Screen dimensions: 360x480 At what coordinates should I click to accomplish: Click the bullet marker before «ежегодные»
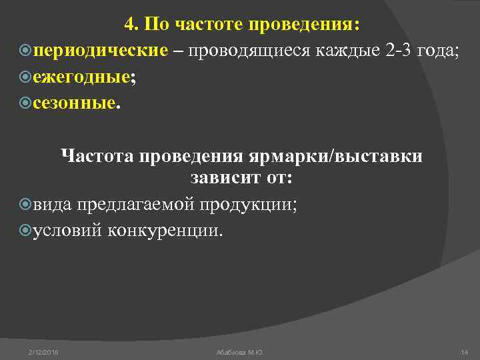click(26, 77)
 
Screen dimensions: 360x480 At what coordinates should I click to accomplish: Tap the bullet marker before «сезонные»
click(26, 103)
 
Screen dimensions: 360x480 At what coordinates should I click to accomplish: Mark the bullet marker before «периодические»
click(26, 51)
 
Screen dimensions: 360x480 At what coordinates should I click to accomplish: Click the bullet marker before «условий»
click(26, 230)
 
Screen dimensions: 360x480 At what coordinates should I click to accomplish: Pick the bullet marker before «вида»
click(26, 205)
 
